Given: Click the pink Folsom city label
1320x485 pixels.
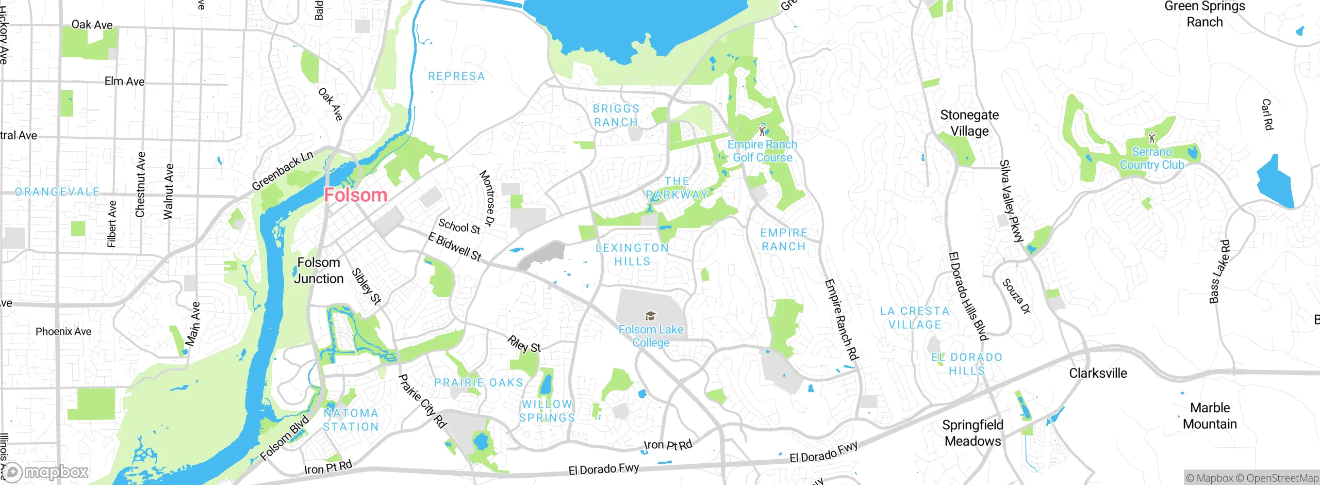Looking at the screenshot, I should pyautogui.click(x=355, y=195).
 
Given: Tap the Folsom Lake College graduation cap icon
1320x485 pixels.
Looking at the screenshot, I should pyautogui.click(x=651, y=316).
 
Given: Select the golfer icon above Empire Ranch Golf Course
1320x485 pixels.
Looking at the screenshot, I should pyautogui.click(x=762, y=130).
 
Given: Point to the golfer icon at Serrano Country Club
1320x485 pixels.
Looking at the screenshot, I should pyautogui.click(x=1152, y=138).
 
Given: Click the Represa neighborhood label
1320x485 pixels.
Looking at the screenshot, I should pyautogui.click(x=456, y=76).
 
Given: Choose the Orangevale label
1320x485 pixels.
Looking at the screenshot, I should pyautogui.click(x=57, y=192).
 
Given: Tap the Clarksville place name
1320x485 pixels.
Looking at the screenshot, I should pyautogui.click(x=1098, y=373).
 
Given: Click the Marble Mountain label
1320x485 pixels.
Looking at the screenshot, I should pyautogui.click(x=1210, y=416).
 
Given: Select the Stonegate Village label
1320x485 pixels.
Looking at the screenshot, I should pyautogui.click(x=969, y=123).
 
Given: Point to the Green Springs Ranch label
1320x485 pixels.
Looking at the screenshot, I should pyautogui.click(x=1204, y=14).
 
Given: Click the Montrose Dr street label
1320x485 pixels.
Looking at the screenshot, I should pyautogui.click(x=487, y=199).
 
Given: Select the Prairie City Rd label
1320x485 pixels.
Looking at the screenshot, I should pyautogui.click(x=422, y=401).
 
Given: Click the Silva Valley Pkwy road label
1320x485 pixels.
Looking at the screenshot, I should pyautogui.click(x=1011, y=201).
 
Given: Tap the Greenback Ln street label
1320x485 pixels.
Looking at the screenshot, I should pyautogui.click(x=282, y=171).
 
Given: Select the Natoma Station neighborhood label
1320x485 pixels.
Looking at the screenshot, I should pyautogui.click(x=351, y=420).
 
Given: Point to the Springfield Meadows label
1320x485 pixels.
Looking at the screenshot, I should pyautogui.click(x=972, y=433).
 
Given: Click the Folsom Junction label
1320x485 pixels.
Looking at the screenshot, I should pyautogui.click(x=319, y=270).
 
